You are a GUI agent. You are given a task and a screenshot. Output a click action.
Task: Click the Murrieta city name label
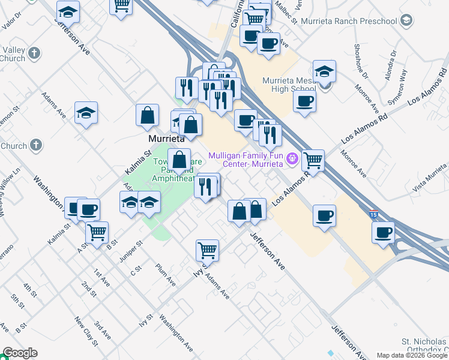(166, 138)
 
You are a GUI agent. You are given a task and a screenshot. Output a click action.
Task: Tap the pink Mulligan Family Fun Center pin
(292, 158)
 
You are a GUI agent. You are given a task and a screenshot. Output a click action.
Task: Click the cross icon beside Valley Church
(35, 52)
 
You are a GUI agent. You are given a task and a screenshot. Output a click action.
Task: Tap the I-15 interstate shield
(373, 214)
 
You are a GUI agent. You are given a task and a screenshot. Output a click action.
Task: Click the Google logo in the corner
(20, 353)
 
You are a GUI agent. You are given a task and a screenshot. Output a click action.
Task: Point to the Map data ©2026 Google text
(412, 355)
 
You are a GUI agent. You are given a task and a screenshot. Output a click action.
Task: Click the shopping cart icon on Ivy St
(207, 250)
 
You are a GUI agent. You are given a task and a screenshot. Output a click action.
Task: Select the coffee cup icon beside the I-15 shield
(383, 233)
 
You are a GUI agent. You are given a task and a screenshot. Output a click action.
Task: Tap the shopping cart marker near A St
(97, 232)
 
